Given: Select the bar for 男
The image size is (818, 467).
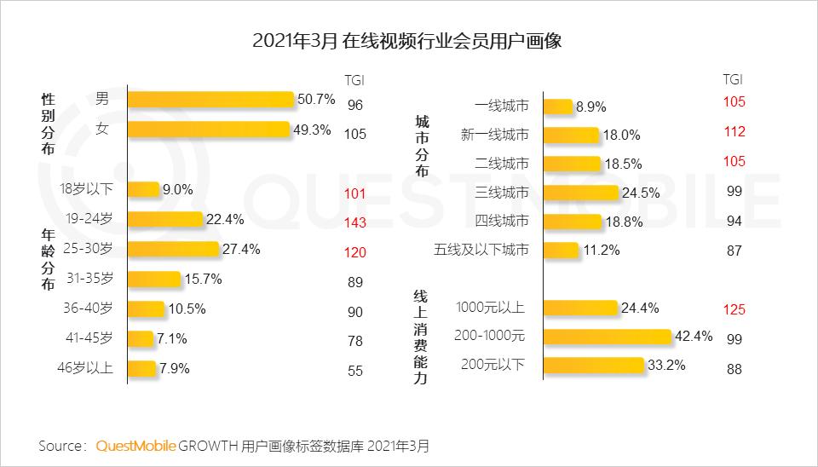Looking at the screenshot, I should tap(210, 99).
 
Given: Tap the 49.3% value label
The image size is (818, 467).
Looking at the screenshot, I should tap(314, 130).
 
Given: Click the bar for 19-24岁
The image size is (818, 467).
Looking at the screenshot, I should tap(165, 219).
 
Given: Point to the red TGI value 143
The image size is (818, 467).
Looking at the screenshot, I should tap(355, 222).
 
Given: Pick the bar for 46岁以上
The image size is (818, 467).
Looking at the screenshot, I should tap(143, 369).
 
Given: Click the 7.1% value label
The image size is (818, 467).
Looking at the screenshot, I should tap(171, 339).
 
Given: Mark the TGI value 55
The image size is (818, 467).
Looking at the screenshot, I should tap(355, 372).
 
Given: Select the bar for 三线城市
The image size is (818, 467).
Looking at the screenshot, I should tap(580, 192).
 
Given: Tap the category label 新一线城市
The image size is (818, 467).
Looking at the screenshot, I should tap(494, 134).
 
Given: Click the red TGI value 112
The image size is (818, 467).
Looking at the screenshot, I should tap(734, 131).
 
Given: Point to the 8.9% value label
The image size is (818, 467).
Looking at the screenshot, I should tap(590, 107).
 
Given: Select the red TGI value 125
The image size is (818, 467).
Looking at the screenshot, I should tap(734, 309).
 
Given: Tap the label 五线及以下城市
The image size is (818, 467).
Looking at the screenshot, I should tap(481, 250).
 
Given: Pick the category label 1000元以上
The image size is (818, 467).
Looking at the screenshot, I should tap(492, 308).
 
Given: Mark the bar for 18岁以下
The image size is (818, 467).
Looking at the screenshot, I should tap(143, 189).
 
